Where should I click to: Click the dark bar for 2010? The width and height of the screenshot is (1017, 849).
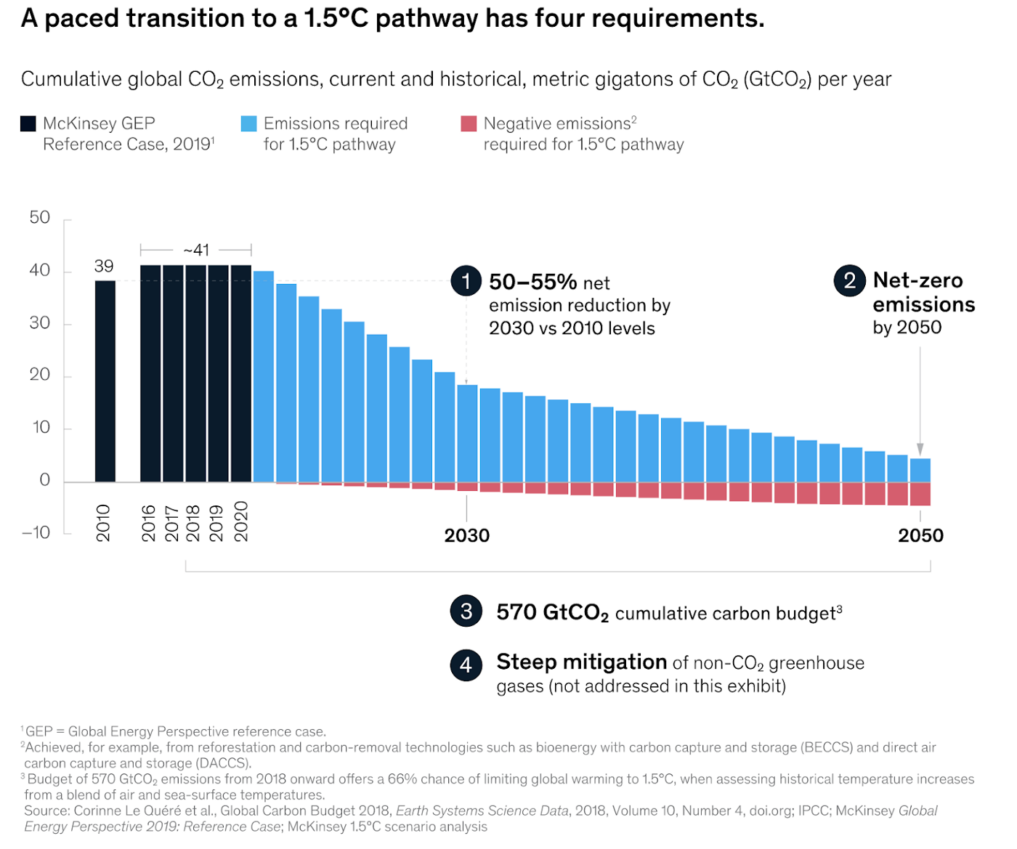pos(105,381)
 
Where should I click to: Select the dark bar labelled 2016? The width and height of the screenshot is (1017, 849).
pos(150,373)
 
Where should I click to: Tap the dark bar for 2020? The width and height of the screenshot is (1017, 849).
pos(241,373)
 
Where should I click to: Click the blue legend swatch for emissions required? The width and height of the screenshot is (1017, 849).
pos(248,123)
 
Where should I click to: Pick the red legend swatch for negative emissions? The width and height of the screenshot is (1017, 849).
pos(469,123)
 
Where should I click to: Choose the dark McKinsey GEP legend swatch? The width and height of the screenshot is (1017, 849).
pos(28,123)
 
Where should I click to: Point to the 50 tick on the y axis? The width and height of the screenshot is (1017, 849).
pos(40,218)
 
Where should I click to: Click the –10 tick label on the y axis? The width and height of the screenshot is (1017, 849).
pos(36,533)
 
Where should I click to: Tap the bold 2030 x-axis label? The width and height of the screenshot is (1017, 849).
pos(467,536)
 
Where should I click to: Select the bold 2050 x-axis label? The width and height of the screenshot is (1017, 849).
pos(920,536)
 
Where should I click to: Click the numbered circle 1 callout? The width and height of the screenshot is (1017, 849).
pos(466,280)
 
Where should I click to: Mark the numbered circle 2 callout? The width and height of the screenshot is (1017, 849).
pos(850,280)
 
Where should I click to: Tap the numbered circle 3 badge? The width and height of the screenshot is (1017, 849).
pos(466,612)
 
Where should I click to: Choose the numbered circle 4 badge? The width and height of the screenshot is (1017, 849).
pos(466,665)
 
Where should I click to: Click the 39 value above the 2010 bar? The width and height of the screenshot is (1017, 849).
pos(104,267)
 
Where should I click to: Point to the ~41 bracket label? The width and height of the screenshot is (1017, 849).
pos(196,251)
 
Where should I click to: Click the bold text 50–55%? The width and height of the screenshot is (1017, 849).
pos(533,282)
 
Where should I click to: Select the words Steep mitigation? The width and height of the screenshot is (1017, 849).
pos(581,662)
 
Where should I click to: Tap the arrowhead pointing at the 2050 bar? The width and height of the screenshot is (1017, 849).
pos(920,450)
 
